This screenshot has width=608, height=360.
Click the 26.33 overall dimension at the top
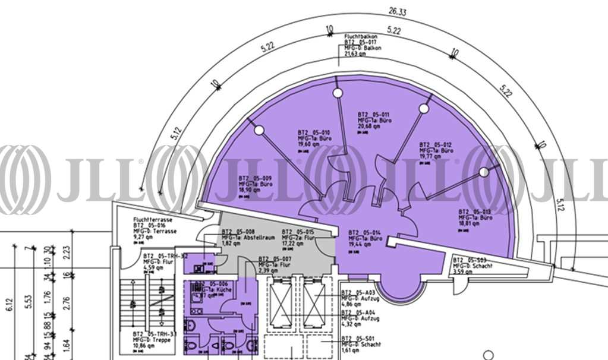(397, 11)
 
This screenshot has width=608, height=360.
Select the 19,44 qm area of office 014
(361, 244)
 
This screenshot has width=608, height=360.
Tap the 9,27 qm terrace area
(144, 237)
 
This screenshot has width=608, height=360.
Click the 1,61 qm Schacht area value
(351, 351)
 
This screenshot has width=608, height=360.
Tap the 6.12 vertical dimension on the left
(9, 304)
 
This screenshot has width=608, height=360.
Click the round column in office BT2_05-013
(484, 172)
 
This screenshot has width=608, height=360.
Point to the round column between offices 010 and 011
(337, 93)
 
